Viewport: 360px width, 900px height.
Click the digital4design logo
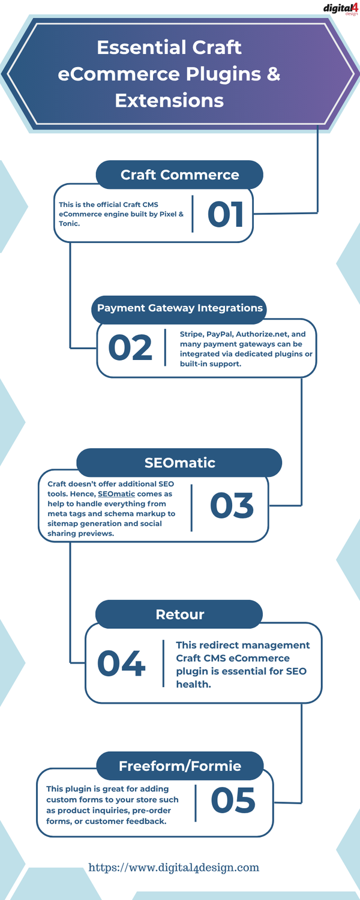coord(340,9)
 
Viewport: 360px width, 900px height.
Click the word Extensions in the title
coord(169,100)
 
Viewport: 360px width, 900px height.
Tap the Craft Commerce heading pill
coord(179,175)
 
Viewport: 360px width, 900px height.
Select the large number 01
coord(226,214)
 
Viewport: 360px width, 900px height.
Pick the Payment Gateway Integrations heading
coord(179,308)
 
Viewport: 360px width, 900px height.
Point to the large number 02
coord(130,347)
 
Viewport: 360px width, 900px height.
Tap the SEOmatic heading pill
coord(179,463)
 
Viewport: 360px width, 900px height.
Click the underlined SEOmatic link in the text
coord(116,494)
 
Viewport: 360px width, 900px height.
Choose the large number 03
coord(232,505)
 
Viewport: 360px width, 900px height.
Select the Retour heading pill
coord(179,614)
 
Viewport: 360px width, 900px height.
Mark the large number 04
coord(121,664)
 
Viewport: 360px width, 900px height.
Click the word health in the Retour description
coord(193,684)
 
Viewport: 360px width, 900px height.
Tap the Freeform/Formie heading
coord(179,766)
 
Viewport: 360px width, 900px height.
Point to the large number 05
coord(233,800)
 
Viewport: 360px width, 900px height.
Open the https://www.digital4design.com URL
coord(173,867)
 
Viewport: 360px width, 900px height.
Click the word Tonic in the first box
coord(68,223)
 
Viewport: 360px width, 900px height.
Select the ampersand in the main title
coord(273,74)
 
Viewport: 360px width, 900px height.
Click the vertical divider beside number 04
coord(164,664)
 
